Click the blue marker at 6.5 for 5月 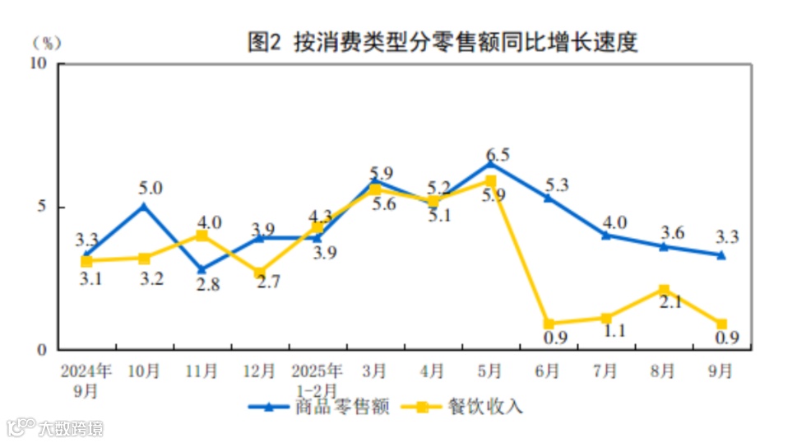point(491,163)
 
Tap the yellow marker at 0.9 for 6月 point(549,324)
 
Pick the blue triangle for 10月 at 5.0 point(144,206)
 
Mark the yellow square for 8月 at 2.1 point(664,289)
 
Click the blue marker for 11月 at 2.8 point(202,269)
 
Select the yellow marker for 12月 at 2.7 point(259,273)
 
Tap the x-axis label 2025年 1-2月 point(317,380)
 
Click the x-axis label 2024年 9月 point(86,380)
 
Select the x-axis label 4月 point(433,371)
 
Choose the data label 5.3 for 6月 point(556,184)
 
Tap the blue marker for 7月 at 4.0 point(606,235)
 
